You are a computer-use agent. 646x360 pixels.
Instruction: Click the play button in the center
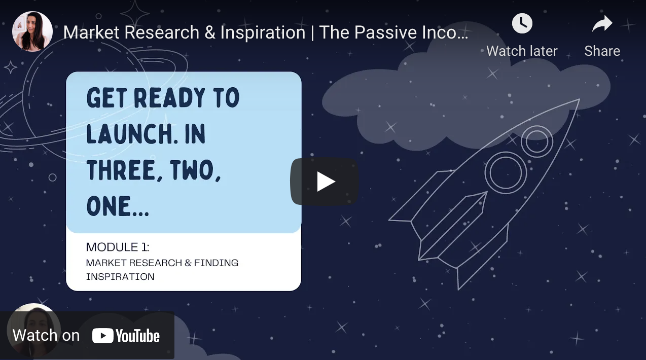coord(325,182)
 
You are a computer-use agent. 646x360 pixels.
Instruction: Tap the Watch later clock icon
coord(522,23)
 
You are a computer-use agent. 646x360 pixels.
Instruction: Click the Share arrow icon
coord(602,23)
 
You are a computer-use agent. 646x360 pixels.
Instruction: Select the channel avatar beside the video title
coord(32,31)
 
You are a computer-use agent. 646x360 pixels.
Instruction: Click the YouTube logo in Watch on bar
coord(126,336)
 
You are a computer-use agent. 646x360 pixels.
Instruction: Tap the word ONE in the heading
coord(108,206)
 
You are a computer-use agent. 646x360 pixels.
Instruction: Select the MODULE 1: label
coord(118,247)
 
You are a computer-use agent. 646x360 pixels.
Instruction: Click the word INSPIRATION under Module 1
coord(120,277)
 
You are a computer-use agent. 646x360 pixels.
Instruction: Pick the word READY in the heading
coord(169,98)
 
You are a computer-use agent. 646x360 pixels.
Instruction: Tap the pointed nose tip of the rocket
coord(579,99)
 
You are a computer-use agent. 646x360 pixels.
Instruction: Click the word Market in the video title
coord(91,32)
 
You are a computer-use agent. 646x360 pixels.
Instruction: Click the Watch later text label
coord(522,51)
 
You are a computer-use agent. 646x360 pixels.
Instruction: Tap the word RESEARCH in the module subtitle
coord(156,263)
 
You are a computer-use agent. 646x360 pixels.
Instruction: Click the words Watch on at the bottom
coord(46,336)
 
